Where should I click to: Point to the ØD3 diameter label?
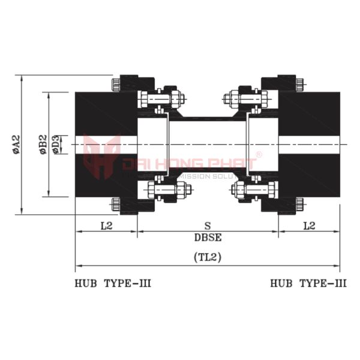[56, 145]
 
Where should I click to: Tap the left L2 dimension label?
[106, 226]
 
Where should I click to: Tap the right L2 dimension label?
[309, 226]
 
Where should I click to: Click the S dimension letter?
[208, 226]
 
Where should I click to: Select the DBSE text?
[208, 237]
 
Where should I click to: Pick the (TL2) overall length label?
[208, 257]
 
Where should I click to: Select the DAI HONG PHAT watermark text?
[189, 164]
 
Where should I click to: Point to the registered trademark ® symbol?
[259, 155]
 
